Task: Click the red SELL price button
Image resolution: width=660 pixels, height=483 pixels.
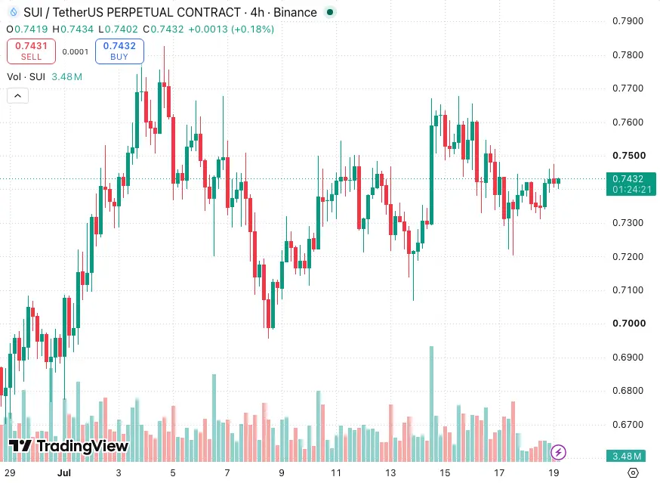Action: tap(31, 51)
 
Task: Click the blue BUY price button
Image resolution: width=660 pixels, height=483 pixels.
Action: tap(119, 51)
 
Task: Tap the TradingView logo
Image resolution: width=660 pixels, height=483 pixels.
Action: tap(69, 445)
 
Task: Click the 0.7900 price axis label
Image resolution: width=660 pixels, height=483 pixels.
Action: tap(628, 21)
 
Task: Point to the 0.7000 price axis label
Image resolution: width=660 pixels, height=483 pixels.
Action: tap(629, 324)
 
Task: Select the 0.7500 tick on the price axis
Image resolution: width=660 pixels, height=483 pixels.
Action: tap(629, 156)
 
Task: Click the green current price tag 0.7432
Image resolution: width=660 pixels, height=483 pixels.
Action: tap(631, 184)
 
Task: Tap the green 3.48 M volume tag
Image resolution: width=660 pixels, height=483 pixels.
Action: tap(627, 456)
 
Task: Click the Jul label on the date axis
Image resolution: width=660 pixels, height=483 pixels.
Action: tap(64, 473)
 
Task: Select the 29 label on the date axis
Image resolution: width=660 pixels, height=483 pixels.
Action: tap(10, 473)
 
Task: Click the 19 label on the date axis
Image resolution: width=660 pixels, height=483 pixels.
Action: tap(554, 473)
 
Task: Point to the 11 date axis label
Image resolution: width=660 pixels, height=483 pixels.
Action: tap(336, 473)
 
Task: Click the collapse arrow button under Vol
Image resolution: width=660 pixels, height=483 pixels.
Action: tap(17, 96)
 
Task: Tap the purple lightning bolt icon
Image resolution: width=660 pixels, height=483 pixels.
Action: tap(559, 453)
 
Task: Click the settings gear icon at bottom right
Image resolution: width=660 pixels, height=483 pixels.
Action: tap(633, 473)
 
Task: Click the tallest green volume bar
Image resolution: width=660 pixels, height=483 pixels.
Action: tap(431, 404)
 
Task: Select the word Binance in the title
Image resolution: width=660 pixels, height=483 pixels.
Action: tap(295, 13)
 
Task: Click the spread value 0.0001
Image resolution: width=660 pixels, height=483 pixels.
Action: tap(76, 52)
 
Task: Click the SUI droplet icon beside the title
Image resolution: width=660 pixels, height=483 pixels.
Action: tap(14, 13)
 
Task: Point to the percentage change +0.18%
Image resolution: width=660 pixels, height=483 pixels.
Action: tap(252, 29)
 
